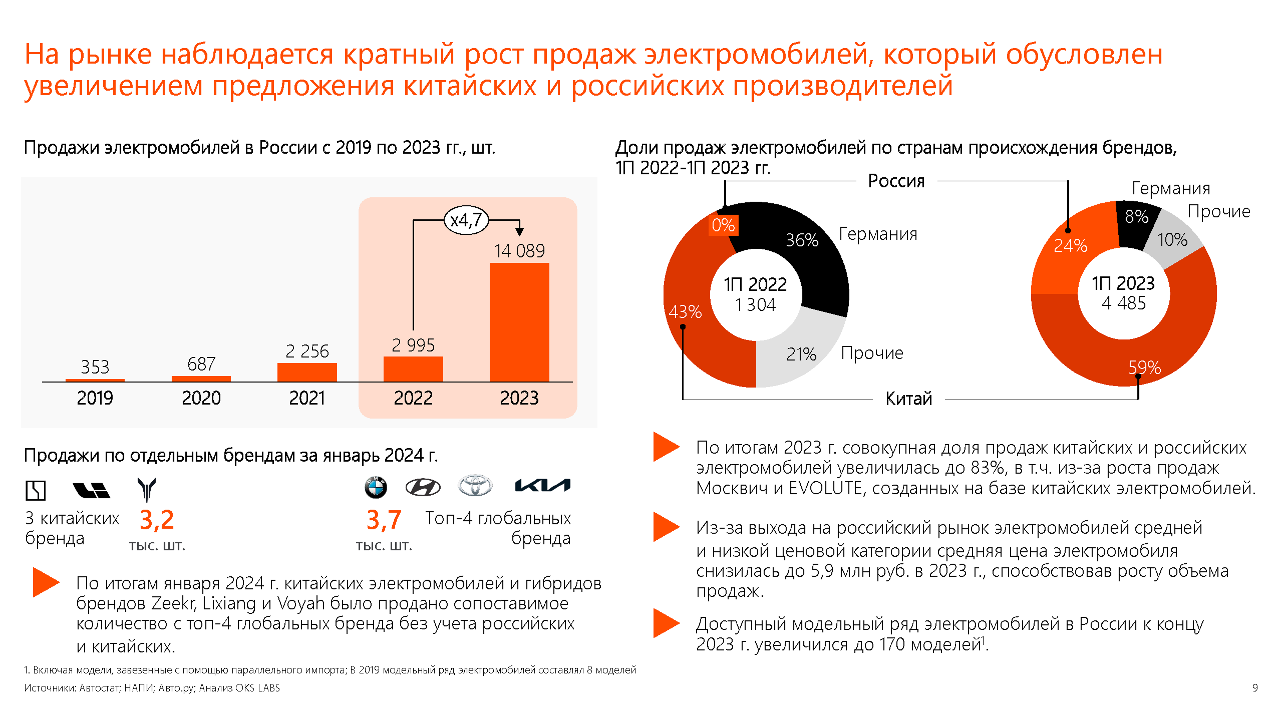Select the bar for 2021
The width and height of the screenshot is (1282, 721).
[x=307, y=372]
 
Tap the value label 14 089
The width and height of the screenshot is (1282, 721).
[x=519, y=250]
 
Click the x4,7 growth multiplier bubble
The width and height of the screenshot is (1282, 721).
[x=466, y=220]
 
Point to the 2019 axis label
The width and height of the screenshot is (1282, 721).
[x=95, y=398]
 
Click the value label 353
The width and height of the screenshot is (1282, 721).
[x=95, y=367]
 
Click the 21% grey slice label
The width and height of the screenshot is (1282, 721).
[x=801, y=354]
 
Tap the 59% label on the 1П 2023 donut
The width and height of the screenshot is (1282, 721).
[x=1144, y=367]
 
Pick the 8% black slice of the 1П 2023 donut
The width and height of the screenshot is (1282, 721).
[x=1136, y=220]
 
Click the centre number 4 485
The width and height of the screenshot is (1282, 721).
[x=1124, y=303]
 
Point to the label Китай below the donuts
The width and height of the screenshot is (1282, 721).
[x=908, y=399]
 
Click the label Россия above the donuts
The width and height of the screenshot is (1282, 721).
[x=896, y=181]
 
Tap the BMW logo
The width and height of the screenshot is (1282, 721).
[x=376, y=487]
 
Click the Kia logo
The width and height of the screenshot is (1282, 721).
[x=542, y=485]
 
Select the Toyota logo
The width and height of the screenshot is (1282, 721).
[x=475, y=485]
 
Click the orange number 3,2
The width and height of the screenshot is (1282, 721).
[x=157, y=520]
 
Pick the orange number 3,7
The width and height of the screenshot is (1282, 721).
[x=384, y=520]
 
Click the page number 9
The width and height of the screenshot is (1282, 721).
[x=1254, y=687]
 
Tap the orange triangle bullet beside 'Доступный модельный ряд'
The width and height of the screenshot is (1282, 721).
[x=666, y=623]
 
